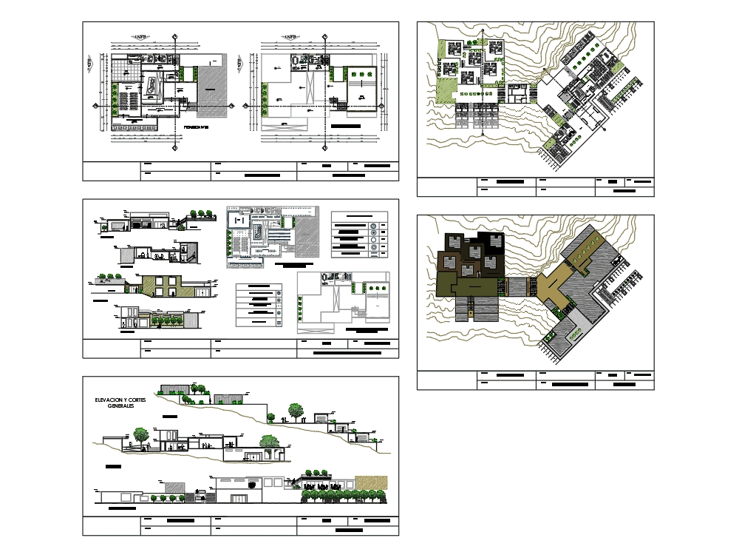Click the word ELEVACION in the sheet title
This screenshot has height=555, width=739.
pyautogui.click(x=106, y=400)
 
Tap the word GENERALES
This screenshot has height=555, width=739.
pyautogui.click(x=123, y=407)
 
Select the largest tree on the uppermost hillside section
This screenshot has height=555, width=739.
pyautogui.click(x=296, y=409)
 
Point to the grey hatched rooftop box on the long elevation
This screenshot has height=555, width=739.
pyautogui.click(x=174, y=487)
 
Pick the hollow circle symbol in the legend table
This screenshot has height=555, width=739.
pyautogui.click(x=374, y=240)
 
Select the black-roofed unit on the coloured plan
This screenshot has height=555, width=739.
pyautogui.click(x=491, y=243)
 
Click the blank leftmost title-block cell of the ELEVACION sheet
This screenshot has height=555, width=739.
pyautogui.click(x=111, y=525)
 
